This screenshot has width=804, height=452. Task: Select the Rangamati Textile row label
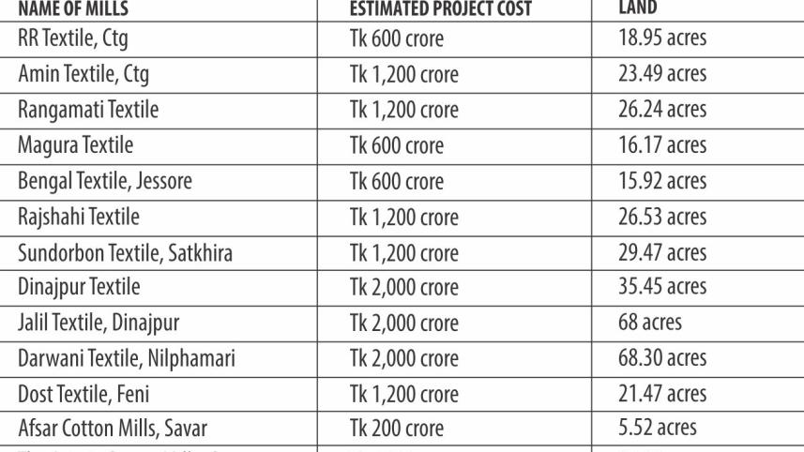(x=88, y=110)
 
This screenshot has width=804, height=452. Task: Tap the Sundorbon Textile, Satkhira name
(x=124, y=252)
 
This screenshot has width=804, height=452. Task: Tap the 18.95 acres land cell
(x=662, y=39)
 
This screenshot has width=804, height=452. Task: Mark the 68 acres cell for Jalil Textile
(x=649, y=323)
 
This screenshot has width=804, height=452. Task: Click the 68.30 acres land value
(x=662, y=358)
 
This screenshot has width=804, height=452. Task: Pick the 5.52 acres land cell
(x=657, y=429)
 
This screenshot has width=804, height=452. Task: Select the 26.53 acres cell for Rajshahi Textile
(x=662, y=217)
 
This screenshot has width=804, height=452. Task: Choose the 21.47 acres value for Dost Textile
(x=662, y=394)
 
